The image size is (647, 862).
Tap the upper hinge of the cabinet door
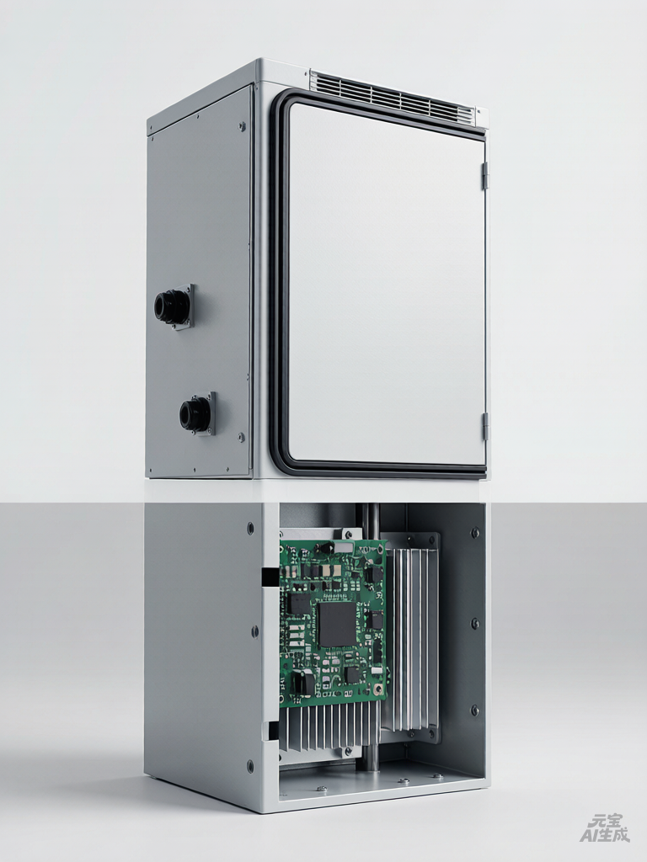[x=484, y=176]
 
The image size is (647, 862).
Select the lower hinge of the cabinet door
[x=484, y=427]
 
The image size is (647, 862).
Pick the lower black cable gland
[x=196, y=413]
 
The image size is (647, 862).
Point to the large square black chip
[x=335, y=625]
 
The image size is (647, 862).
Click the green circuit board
[x=334, y=623]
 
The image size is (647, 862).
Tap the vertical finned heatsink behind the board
[x=411, y=631]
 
